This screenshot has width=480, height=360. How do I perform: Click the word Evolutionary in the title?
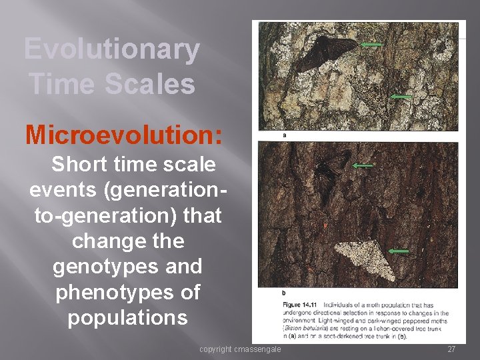point(111,50)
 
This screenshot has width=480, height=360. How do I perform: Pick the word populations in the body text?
point(127,317)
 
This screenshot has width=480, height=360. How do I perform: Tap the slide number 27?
point(451,349)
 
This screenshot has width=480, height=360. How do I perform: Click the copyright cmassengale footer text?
point(240,349)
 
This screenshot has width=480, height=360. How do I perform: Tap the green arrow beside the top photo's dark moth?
point(371,45)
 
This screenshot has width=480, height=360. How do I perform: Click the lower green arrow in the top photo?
point(400,97)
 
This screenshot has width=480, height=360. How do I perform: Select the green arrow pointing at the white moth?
point(398,251)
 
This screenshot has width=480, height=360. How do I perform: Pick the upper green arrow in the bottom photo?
point(363,165)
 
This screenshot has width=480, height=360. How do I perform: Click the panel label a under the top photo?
point(285,135)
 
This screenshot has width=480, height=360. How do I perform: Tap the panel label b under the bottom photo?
point(284,293)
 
